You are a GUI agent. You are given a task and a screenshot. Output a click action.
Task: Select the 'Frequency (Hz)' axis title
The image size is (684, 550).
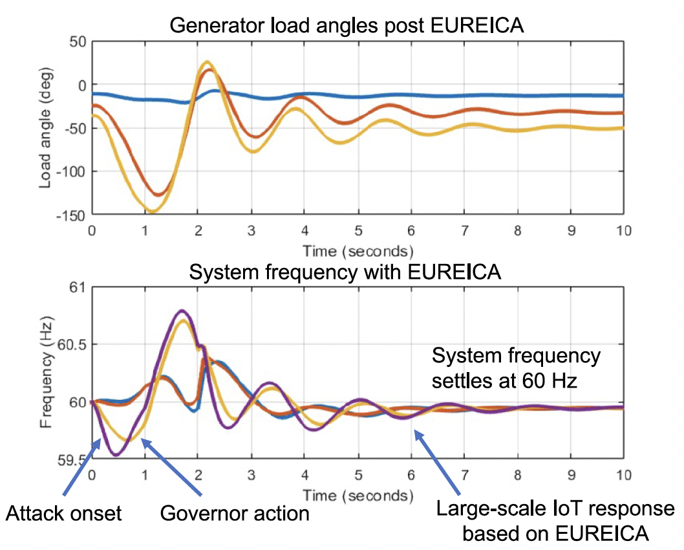[x=46, y=373]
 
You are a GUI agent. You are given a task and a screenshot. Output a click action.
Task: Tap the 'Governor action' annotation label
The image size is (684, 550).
[x=234, y=514]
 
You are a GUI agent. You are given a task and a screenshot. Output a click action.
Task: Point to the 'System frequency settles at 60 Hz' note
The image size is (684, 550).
[x=516, y=368]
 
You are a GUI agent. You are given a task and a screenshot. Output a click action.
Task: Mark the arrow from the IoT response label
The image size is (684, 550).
[x=439, y=465]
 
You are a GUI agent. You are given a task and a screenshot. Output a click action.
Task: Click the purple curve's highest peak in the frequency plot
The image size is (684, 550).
[x=182, y=311]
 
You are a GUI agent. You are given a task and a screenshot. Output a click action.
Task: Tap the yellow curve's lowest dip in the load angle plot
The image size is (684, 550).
[x=152, y=212]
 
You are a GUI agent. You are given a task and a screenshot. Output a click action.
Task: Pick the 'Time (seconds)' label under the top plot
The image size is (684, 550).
[x=358, y=250]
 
